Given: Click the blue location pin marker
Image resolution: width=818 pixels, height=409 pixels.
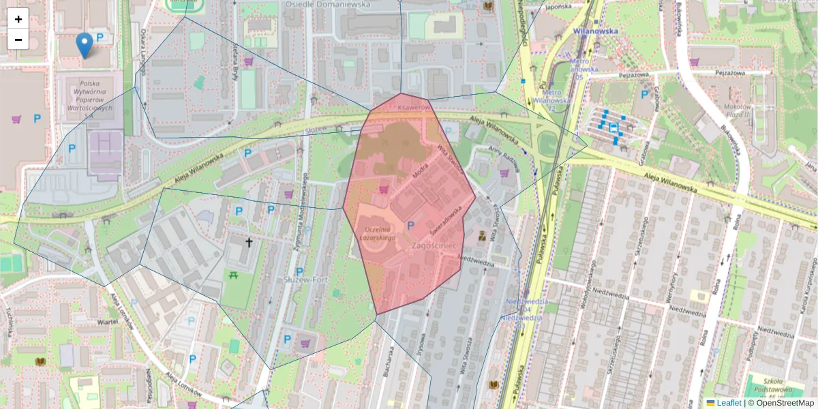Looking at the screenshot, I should coord(85,45).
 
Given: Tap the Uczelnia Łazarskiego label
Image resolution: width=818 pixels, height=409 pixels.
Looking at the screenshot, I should coord(380,233).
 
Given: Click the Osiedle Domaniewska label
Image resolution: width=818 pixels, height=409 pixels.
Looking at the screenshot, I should coord(328,4).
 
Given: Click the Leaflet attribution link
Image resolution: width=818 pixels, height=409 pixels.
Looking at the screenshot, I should coord(729,403).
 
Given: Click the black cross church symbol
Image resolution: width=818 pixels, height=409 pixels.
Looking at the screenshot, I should coord(249,241).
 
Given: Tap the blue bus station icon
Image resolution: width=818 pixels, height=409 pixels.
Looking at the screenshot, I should coord(613,127).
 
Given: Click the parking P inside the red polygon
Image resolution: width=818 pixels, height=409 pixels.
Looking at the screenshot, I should coord(410,225).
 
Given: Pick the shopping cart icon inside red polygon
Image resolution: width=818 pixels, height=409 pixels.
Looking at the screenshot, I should coord(384,188).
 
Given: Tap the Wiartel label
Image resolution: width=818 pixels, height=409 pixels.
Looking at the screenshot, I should coord(108,321).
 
